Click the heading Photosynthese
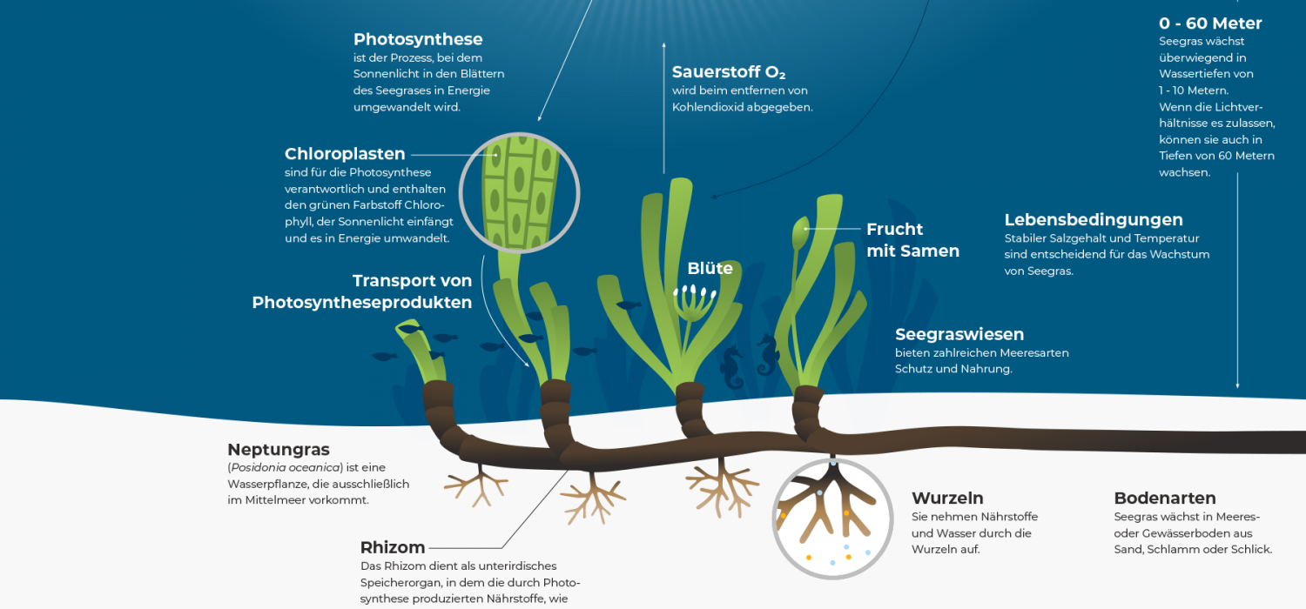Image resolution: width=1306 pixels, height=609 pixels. pos(418,40)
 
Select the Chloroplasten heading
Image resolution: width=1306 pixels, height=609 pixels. pos(345,154)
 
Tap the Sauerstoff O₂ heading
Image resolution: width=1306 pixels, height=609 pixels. pos(729,72)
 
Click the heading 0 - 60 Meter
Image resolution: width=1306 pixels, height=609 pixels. pos(1210,23)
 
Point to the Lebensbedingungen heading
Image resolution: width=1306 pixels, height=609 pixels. pos(1094,220)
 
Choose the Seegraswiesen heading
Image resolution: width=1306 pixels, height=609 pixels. pos(959,334)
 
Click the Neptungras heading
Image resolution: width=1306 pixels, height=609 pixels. pos(279,450)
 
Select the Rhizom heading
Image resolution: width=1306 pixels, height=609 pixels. pos(393,548)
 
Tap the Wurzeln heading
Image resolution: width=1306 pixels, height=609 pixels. pos(947,499)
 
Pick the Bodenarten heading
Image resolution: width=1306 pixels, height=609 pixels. pos(1165,499)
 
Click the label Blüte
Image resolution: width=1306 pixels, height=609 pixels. pos(710,268)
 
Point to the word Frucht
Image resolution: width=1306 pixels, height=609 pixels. pos(894,229)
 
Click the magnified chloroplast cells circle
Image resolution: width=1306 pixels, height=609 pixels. pos(519,193)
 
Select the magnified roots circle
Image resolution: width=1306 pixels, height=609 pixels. pos(832,519)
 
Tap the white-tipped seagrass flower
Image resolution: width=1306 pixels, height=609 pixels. pos(694,303)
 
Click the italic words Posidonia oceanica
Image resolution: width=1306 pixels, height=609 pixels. pos(286,467)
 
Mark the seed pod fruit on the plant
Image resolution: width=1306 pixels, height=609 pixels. pos(800,232)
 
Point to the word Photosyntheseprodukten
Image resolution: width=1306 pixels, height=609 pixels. pos(362,303)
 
